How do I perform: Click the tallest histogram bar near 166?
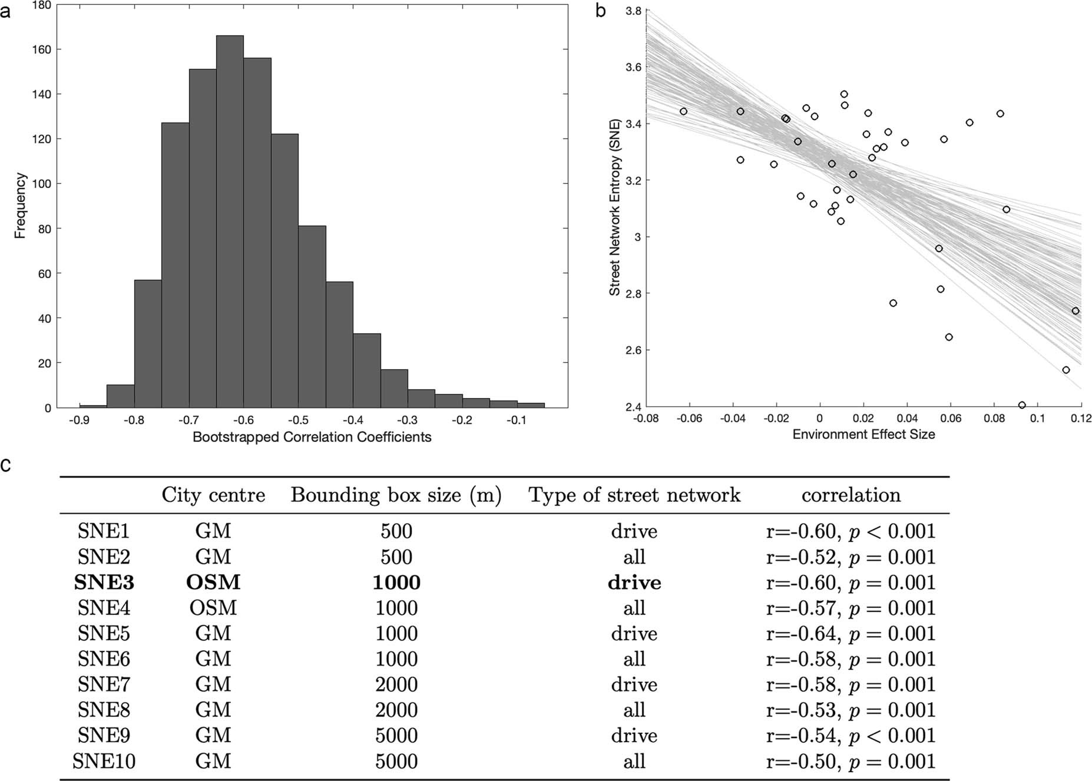[x=230, y=221]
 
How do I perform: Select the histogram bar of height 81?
[x=312, y=316]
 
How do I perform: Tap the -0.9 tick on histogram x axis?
[x=80, y=420]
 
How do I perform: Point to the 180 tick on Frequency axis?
[x=43, y=5]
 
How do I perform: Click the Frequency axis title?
[x=20, y=206]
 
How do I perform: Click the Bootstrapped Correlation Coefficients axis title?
[x=312, y=437]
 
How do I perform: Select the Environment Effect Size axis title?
[x=863, y=435]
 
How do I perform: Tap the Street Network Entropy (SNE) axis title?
[x=615, y=207]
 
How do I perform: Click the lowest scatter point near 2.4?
[x=1021, y=405]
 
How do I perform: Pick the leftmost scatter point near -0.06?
[x=683, y=111]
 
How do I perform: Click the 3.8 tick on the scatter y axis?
[x=633, y=11]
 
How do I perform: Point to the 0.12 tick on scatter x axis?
[x=1081, y=419]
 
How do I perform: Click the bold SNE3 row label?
[x=104, y=583]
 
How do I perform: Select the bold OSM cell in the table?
[x=213, y=583]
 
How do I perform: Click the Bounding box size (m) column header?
[x=396, y=495]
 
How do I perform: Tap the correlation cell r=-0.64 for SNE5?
[x=850, y=634]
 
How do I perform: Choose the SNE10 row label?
[x=104, y=761]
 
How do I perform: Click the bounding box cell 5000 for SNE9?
[x=396, y=736]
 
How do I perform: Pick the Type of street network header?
[x=634, y=495]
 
